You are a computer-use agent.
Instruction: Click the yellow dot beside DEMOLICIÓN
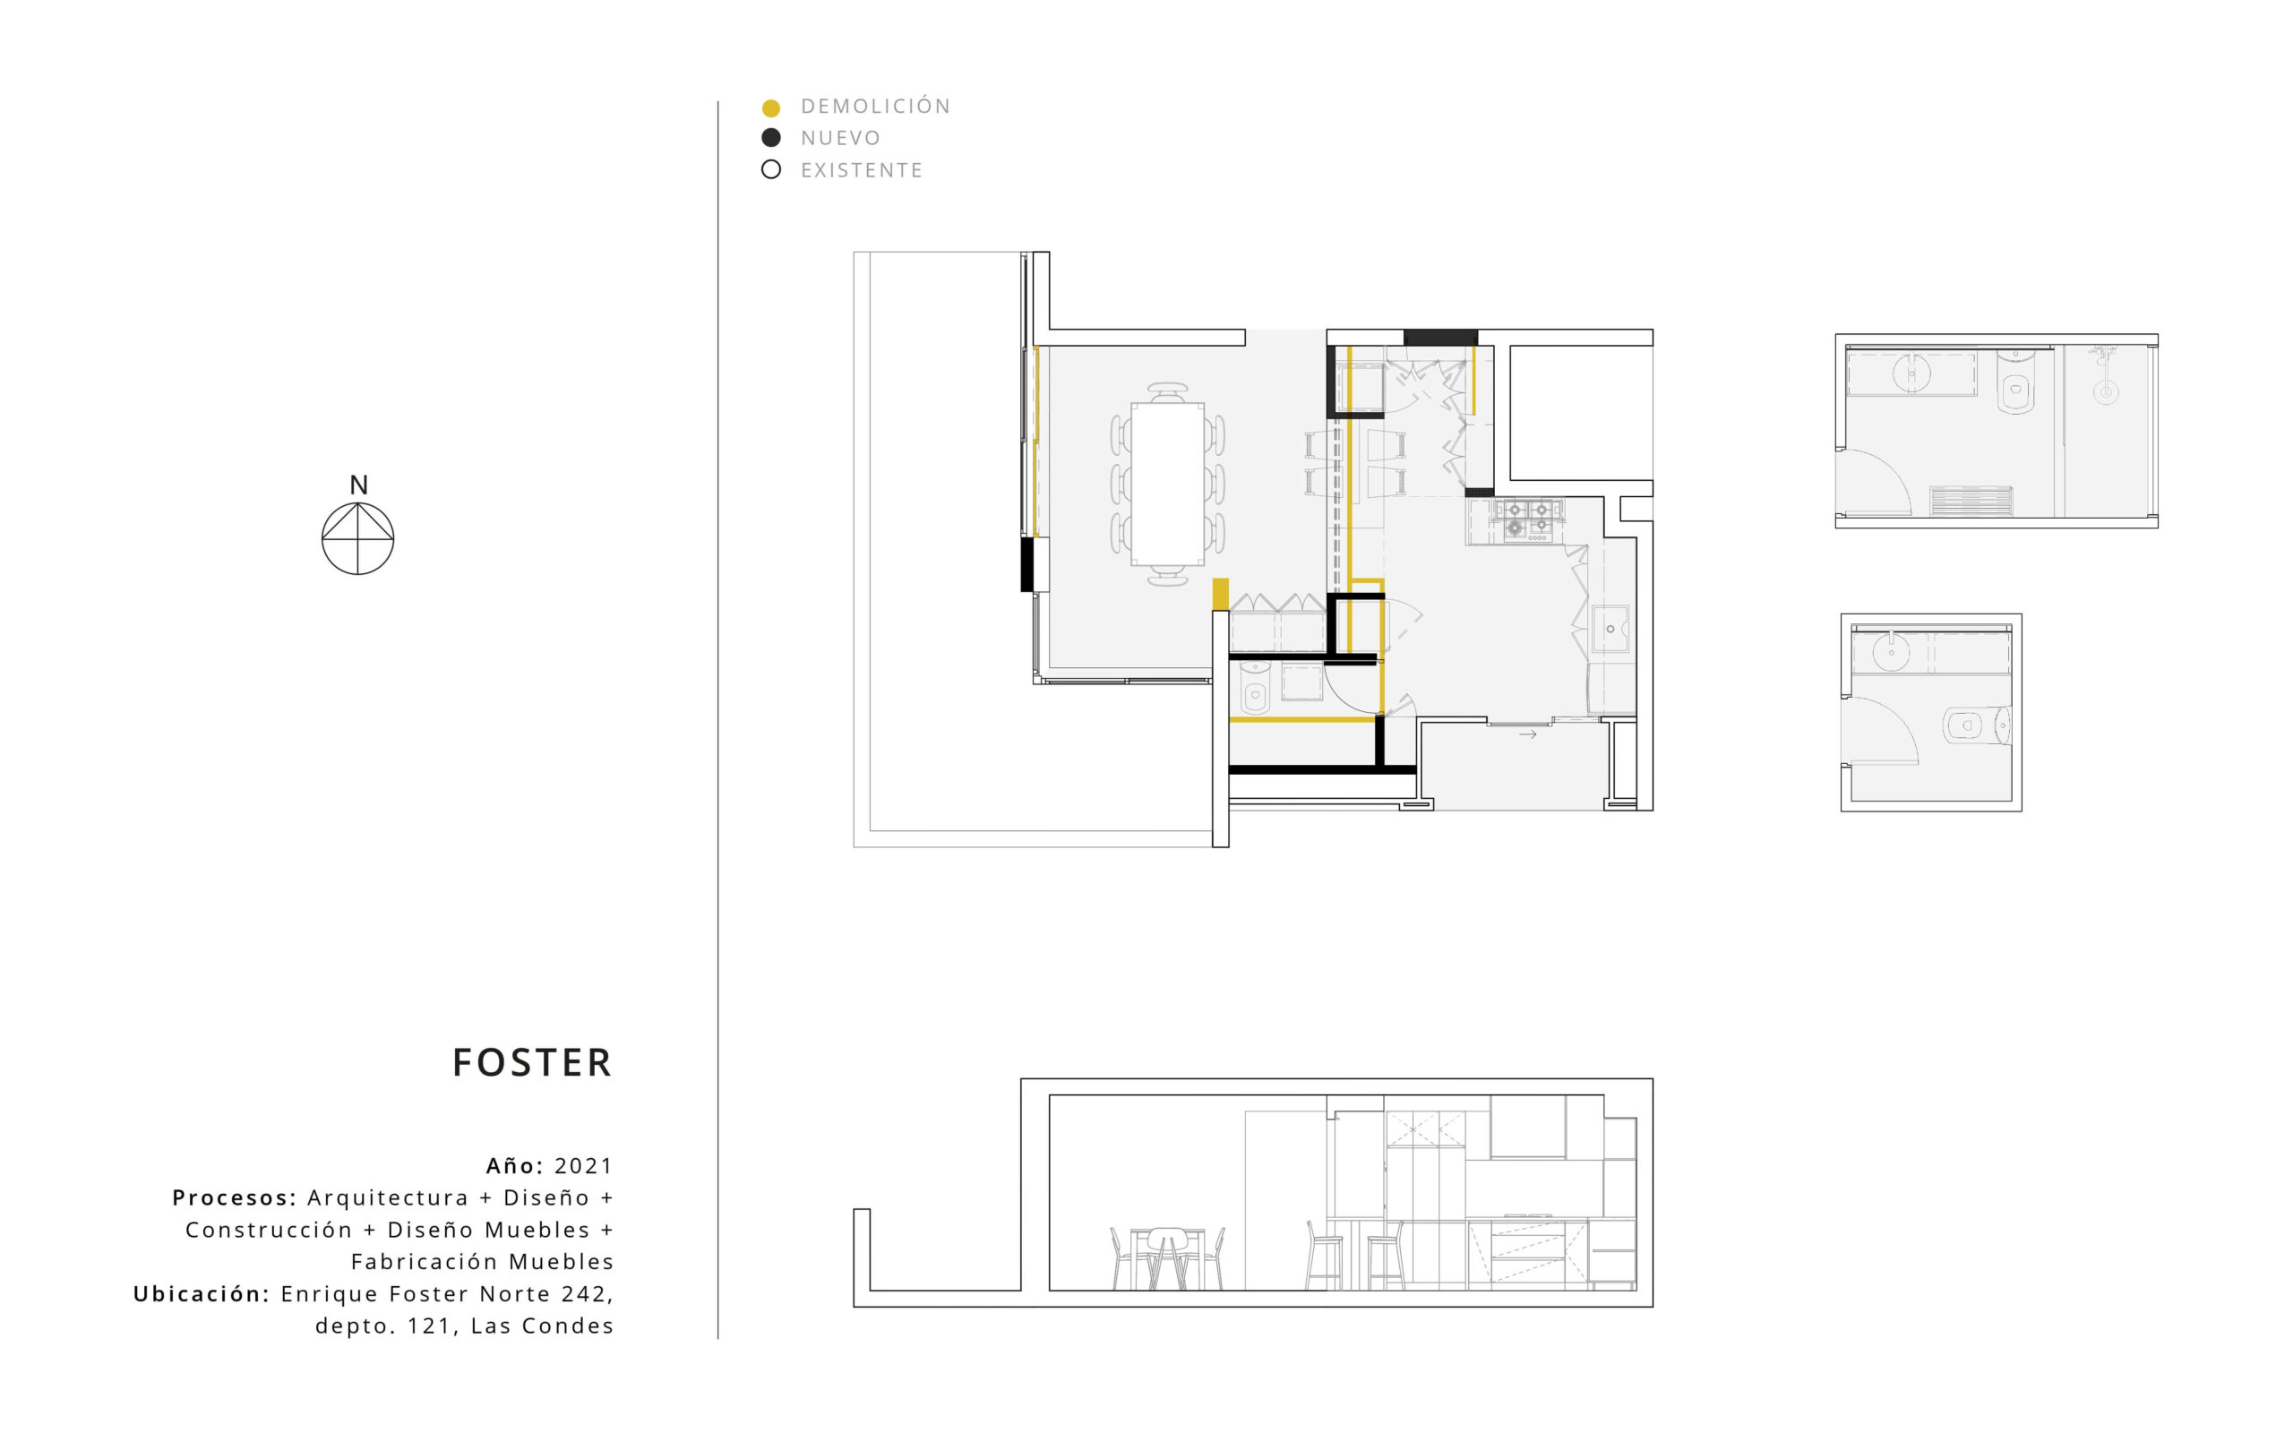pyautogui.click(x=771, y=108)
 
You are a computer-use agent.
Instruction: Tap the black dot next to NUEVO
pyautogui.click(x=771, y=138)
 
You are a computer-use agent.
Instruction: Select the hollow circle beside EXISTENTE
pyautogui.click(x=771, y=170)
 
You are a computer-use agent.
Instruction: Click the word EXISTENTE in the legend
pyautogui.click(x=862, y=170)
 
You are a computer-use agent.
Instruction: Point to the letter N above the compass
pyautogui.click(x=358, y=485)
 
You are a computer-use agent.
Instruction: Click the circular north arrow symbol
pyautogui.click(x=358, y=538)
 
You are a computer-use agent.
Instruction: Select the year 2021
pyautogui.click(x=584, y=1166)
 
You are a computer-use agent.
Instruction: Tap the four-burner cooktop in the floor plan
pyautogui.click(x=1527, y=520)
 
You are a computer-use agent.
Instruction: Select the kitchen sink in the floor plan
pyautogui.click(x=1610, y=630)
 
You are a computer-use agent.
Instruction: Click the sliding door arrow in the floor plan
pyautogui.click(x=1527, y=734)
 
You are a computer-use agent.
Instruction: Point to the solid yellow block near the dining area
pyautogui.click(x=1221, y=594)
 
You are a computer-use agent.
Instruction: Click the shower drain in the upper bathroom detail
pyautogui.click(x=2106, y=391)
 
